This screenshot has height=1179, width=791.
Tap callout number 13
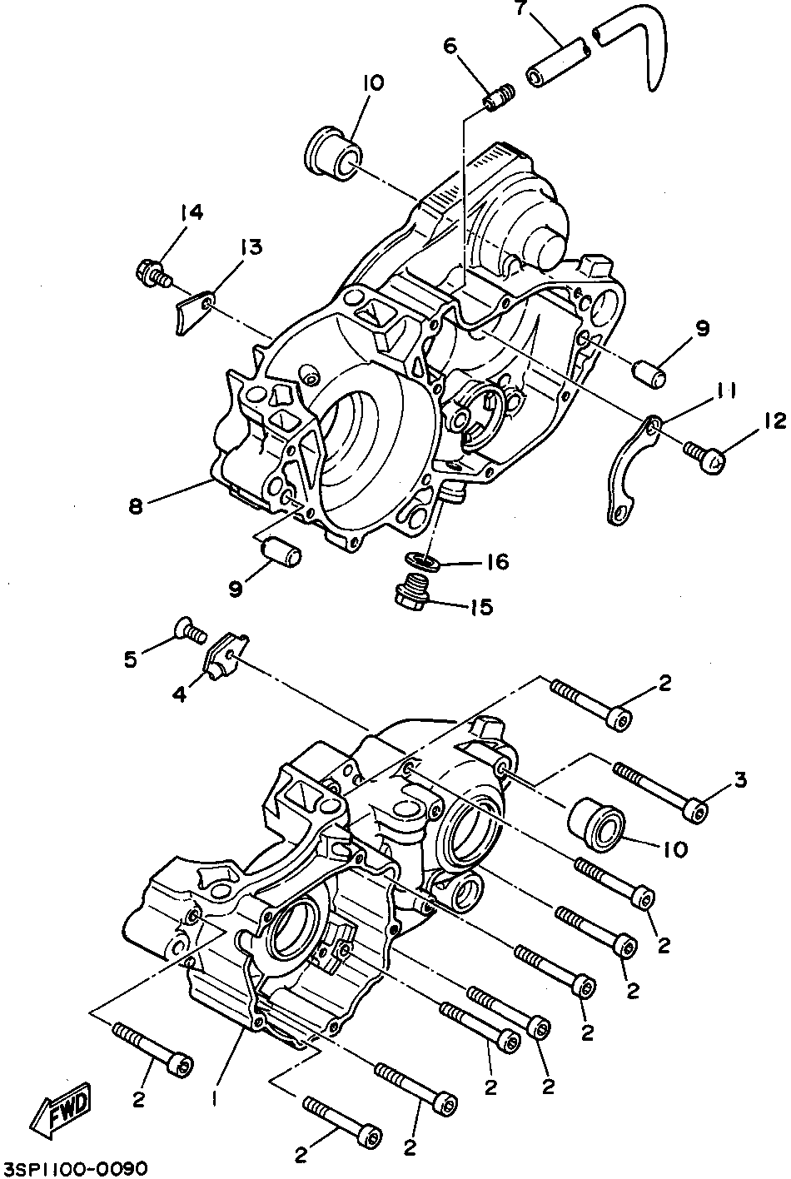coord(251,246)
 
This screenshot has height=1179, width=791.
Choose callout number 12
coord(774,422)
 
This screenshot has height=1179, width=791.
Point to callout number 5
coord(130,659)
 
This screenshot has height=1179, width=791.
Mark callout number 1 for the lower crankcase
coord(215,1098)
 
